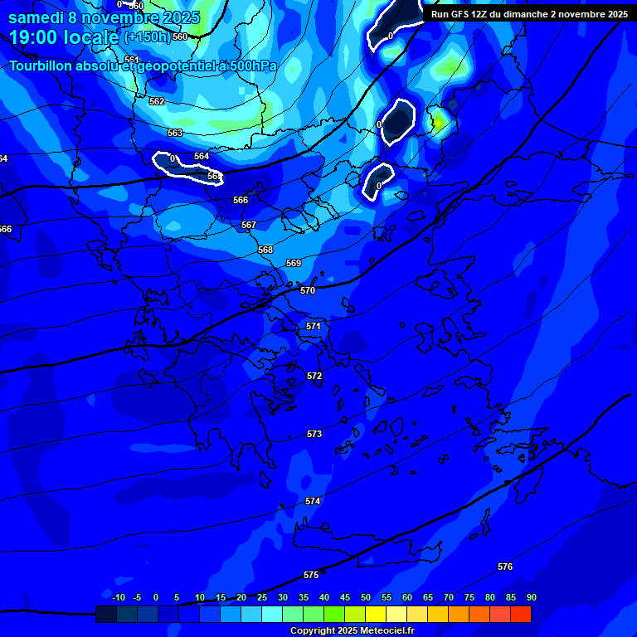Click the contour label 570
(308, 291)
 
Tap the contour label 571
(313, 327)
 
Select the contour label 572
(314, 377)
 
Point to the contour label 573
(314, 435)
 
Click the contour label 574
(313, 502)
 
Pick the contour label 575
(311, 576)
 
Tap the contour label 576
(505, 567)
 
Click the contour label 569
(294, 264)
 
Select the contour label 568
(265, 250)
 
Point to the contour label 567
(249, 226)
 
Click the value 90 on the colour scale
(531, 598)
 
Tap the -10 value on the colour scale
(119, 598)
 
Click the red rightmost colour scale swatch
(521, 615)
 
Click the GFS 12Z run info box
(529, 14)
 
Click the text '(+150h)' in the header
(146, 37)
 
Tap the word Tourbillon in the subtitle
(42, 66)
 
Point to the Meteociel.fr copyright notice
(352, 631)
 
